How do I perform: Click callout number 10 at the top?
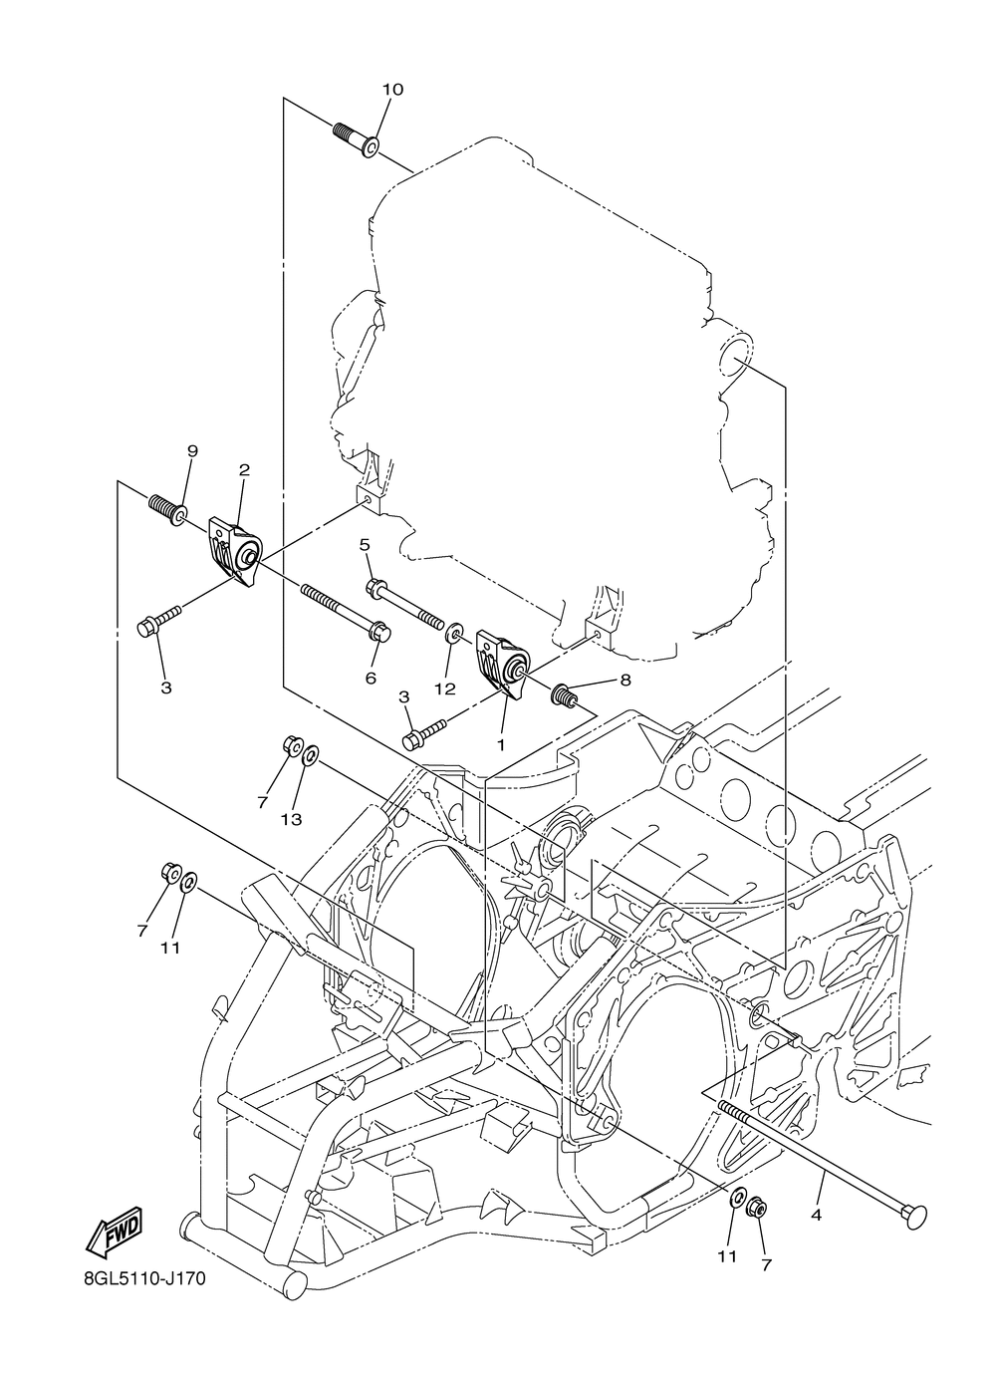coord(392,90)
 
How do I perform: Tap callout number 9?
coord(192,451)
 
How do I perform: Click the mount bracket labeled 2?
coord(235,547)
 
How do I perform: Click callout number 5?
coord(365,544)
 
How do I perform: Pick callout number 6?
coord(371,678)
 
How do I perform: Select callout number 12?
coord(444,688)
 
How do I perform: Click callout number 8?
coord(625,682)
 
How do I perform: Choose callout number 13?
coord(290,820)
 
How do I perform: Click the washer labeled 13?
coord(310,755)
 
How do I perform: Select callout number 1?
coord(501,743)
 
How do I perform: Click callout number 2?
coord(244,469)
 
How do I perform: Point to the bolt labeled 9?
coord(166,507)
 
